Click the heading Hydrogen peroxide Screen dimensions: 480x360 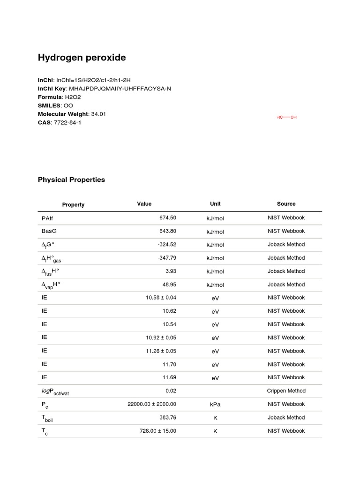click(x=82, y=58)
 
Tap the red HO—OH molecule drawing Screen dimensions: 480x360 click(x=287, y=117)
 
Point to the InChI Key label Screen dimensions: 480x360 click(x=52, y=89)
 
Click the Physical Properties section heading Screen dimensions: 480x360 click(x=71, y=180)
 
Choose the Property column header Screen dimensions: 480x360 click(x=73, y=205)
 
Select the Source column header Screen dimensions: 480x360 click(x=286, y=204)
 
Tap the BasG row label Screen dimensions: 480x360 click(x=49, y=231)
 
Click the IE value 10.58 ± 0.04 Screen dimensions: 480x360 click(x=161, y=298)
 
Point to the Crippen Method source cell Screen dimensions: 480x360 click(x=286, y=391)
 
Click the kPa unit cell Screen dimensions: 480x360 click(x=215, y=404)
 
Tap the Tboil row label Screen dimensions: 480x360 click(x=47, y=418)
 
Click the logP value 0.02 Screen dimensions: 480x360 click(x=171, y=391)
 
